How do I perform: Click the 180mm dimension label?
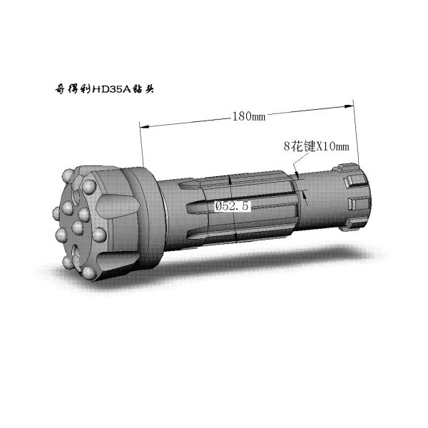[x=249, y=116]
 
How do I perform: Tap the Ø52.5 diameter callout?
[x=232, y=206]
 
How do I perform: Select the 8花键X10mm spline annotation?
[x=316, y=146]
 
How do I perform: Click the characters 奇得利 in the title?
[x=73, y=89]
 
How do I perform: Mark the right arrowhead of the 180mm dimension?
[x=347, y=106]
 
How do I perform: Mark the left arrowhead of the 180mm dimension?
[x=144, y=127]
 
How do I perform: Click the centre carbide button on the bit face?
[x=78, y=228]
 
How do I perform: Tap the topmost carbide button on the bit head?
[x=68, y=174]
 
